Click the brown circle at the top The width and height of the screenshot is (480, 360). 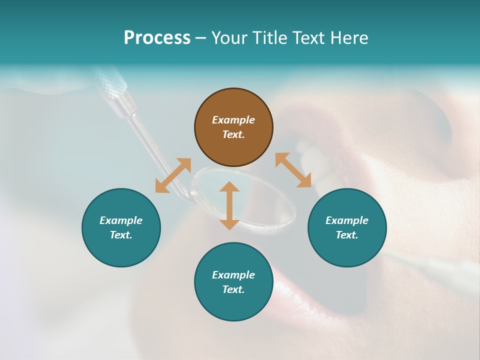pos(233,127)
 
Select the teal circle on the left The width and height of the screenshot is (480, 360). pos(121,227)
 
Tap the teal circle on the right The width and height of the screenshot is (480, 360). pos(347,227)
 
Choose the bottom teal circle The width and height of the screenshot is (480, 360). pos(233,282)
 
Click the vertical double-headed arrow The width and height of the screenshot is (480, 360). pos(229,205)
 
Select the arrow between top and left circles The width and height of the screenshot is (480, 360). pos(173,175)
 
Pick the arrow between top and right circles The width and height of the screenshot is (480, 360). pos(293,170)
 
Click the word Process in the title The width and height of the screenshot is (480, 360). pos(157,38)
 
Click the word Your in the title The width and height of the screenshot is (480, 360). pos(230,38)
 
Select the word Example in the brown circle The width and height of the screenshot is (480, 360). pos(233,120)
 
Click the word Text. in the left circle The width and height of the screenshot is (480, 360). pos(121,235)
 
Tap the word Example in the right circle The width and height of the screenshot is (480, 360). pos(347,220)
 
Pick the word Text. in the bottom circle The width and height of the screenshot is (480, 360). pos(233,289)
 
